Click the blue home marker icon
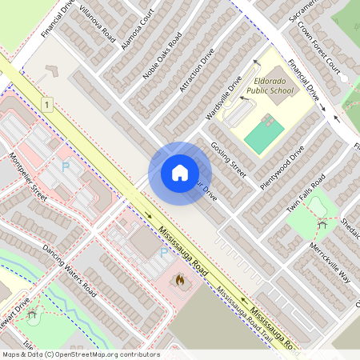point(179,173)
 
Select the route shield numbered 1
point(48,105)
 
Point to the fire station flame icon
point(180,281)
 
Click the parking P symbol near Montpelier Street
point(66,167)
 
